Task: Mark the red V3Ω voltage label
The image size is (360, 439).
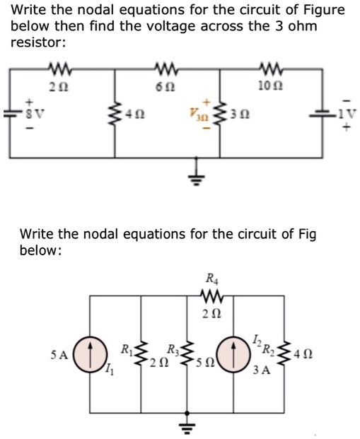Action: coord(196,113)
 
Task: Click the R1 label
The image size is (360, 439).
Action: coord(126,349)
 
